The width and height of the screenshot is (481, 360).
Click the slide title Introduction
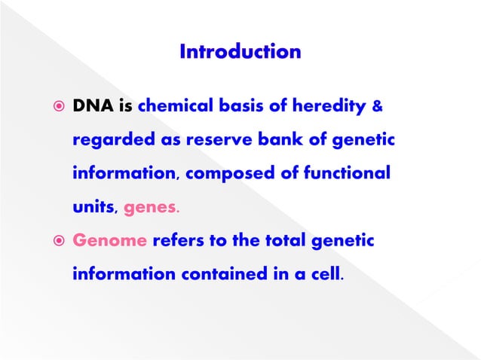tap(240, 52)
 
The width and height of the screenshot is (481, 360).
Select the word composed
tap(224, 173)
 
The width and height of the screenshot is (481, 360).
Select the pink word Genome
tap(109, 242)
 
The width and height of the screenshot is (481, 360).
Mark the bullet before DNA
tap(55, 108)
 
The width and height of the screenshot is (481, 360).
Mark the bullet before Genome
tap(55, 242)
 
